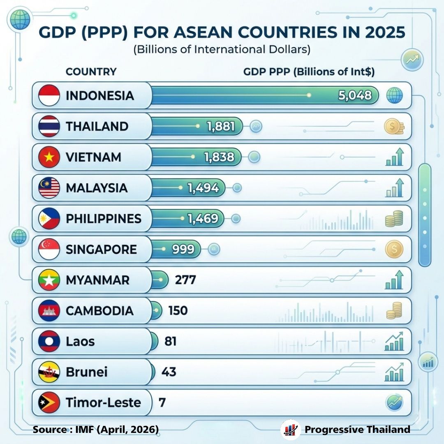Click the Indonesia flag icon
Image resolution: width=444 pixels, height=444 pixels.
coord(49,96)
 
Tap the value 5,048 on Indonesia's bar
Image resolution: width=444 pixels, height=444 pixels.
coord(354,96)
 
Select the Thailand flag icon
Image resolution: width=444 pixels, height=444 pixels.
coord(49,127)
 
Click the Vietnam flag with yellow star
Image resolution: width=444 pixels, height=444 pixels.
coord(49,157)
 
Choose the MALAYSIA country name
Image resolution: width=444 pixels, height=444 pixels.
coord(96,188)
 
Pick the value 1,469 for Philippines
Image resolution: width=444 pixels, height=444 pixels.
coord(203,219)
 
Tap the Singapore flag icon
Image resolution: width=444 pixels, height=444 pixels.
coord(49,250)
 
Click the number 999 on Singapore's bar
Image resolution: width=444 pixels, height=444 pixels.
coord(183,249)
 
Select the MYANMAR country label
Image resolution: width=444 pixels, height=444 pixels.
coord(97,280)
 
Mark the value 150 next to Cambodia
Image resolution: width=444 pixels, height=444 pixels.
coord(178,311)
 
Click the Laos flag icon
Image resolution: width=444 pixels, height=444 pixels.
coord(49,342)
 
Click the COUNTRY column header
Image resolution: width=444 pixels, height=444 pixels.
coord(91,72)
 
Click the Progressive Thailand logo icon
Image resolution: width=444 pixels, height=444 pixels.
coord(291,430)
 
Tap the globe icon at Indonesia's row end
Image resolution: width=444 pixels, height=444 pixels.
coord(394,96)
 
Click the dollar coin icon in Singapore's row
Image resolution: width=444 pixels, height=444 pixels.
coord(394,250)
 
